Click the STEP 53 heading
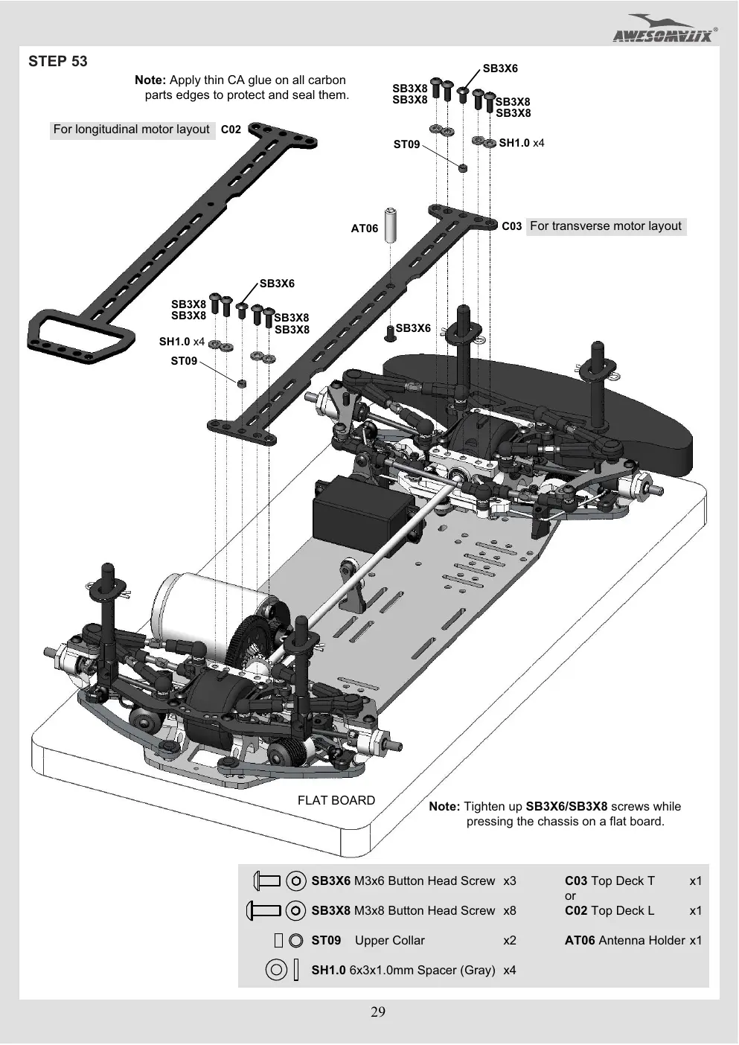(58, 61)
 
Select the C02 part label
(231, 130)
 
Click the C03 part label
(512, 226)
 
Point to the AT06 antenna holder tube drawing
(391, 225)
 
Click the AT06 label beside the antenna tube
(365, 228)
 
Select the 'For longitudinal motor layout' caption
(132, 130)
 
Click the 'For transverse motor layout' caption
(606, 226)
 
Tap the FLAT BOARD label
(336, 801)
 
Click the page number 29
(378, 1012)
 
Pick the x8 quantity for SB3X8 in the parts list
(510, 910)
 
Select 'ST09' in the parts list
(326, 941)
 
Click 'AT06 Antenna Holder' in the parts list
(624, 941)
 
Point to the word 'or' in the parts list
(570, 895)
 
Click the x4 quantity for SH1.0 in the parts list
(510, 971)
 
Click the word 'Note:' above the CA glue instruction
(150, 80)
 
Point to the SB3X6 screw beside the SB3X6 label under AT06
(391, 333)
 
